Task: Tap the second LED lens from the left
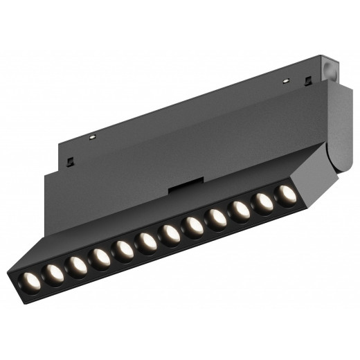point(53,272)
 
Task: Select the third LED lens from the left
point(76,264)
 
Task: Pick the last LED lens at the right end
point(286,195)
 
